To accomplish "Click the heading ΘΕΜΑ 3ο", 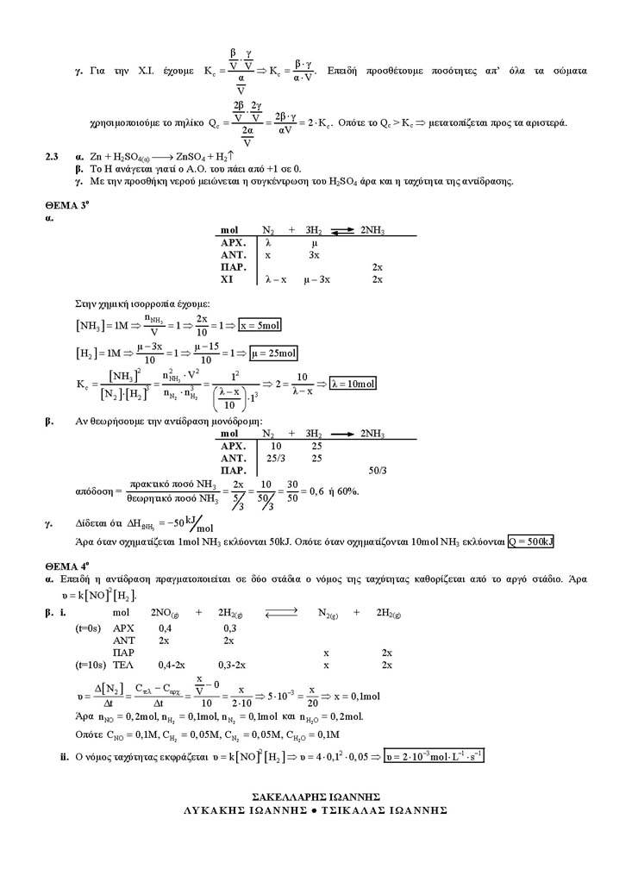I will coord(65,209).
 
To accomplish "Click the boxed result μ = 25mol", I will coord(273,353).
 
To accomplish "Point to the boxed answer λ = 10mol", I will coord(353,384).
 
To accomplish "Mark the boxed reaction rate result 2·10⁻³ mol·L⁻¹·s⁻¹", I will coord(435,756).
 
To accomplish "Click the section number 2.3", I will coord(52,157).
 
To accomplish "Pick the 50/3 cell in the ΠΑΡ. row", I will coord(377,471).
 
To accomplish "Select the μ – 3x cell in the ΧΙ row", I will coord(317,280).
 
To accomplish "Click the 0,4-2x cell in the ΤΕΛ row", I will coord(173,666).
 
